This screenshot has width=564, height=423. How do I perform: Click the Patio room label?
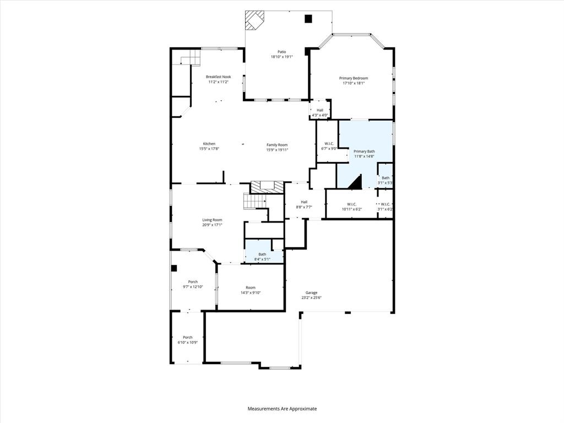tap(281, 52)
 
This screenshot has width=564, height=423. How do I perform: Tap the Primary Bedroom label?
tap(353, 78)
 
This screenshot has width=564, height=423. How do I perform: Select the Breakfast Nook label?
tap(218, 77)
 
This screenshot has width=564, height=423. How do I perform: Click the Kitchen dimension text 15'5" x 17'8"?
tap(209, 149)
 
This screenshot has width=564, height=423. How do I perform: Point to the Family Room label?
tap(277, 145)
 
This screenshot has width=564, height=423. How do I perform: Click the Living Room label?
tap(212, 220)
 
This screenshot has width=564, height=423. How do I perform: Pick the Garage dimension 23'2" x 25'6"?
tap(311, 297)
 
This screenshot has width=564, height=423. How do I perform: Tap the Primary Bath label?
tap(364, 151)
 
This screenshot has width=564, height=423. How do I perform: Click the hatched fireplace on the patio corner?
tap(254, 20)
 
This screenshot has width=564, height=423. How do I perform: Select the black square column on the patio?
tap(308, 19)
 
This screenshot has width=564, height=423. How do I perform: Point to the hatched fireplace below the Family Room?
tap(268, 187)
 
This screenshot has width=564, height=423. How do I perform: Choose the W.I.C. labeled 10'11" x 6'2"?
tap(352, 207)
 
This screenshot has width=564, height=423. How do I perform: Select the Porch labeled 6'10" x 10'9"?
tap(187, 339)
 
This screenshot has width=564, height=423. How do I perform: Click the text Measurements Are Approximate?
tap(282, 409)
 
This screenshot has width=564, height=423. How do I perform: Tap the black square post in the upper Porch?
tap(174, 268)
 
